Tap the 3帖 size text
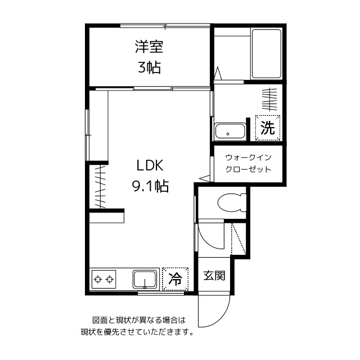pyautogui.click(x=149, y=68)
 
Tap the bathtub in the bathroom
pyautogui.click(x=266, y=54)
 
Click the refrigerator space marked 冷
pyautogui.click(x=175, y=278)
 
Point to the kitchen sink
pyautogui.click(x=146, y=279)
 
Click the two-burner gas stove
pyautogui.click(x=104, y=278)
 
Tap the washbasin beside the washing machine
pyautogui.click(x=229, y=132)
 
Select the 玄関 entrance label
pyautogui.click(x=214, y=276)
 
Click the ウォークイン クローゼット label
pyautogui.click(x=247, y=164)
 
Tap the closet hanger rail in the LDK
pyautogui.click(x=100, y=186)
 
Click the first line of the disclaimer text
pyautogui.click(x=138, y=320)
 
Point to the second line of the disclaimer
pyautogui.click(x=138, y=332)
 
